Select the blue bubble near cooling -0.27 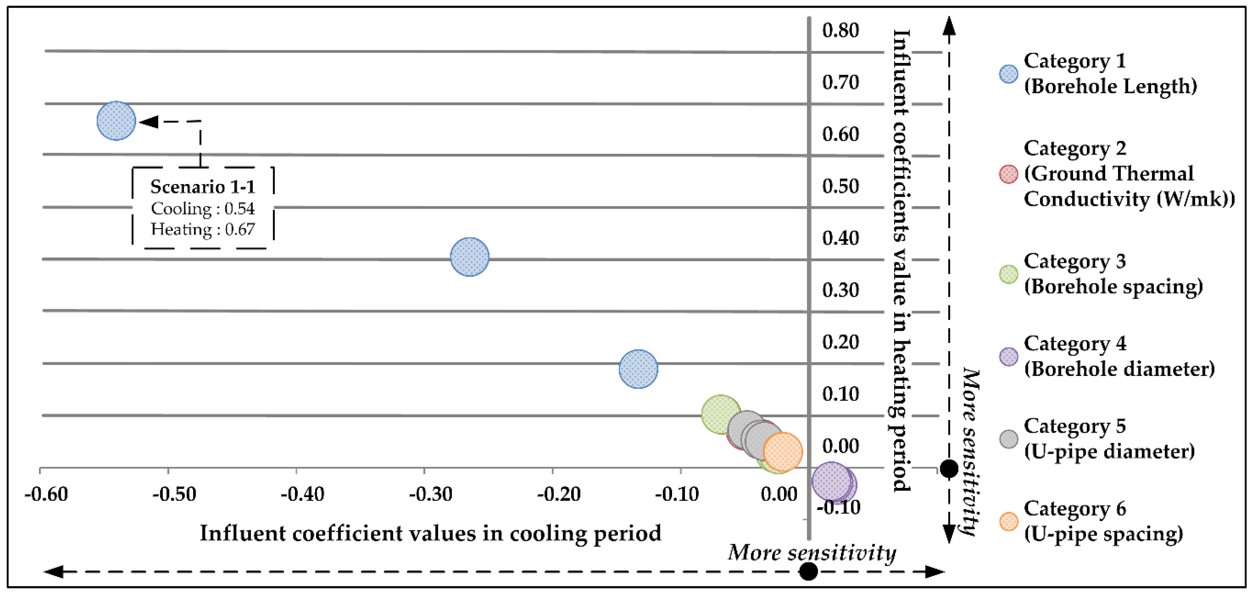point(470,257)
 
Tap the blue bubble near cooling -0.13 point(638,369)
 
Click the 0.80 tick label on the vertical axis point(840,30)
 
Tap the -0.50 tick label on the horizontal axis point(174,494)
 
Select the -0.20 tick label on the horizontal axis point(558,494)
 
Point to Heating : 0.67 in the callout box point(203,229)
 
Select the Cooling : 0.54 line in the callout point(203,209)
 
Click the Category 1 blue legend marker point(1008,74)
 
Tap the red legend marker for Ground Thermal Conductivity point(1008,174)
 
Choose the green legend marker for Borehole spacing point(1008,274)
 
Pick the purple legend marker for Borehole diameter point(1008,357)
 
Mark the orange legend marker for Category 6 point(1008,522)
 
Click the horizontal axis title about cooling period point(430,533)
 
